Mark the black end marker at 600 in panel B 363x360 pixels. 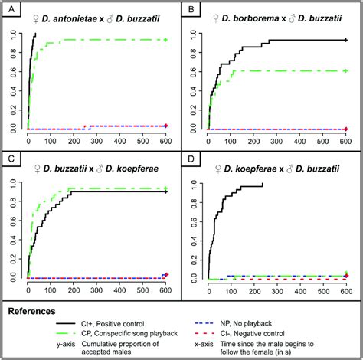[346, 40]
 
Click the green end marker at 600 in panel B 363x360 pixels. [346, 70]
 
